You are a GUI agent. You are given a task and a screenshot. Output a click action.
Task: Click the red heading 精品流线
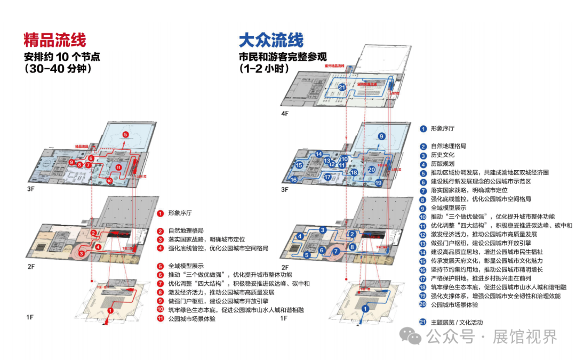click(54, 40)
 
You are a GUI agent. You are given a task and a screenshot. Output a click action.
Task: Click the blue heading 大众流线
click(271, 40)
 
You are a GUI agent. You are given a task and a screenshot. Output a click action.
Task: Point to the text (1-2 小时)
click(264, 69)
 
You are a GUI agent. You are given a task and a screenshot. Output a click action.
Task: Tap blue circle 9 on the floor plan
click(381, 137)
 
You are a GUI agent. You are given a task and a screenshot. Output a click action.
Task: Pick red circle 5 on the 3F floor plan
click(125, 134)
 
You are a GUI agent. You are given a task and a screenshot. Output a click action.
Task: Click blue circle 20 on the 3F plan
click(371, 170)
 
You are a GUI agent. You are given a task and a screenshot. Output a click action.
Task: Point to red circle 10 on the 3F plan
click(109, 181)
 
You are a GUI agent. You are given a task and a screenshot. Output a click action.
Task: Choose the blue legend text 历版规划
click(443, 164)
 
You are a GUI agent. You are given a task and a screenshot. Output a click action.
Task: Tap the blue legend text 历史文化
click(443, 155)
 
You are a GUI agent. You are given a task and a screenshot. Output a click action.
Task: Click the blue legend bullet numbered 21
click(423, 322)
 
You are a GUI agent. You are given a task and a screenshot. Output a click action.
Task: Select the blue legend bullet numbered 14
click(423, 252)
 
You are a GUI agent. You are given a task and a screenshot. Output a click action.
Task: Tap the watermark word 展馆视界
click(525, 337)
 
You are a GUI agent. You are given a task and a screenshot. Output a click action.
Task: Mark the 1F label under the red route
click(30, 318)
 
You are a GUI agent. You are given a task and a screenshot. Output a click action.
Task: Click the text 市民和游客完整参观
click(283, 57)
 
